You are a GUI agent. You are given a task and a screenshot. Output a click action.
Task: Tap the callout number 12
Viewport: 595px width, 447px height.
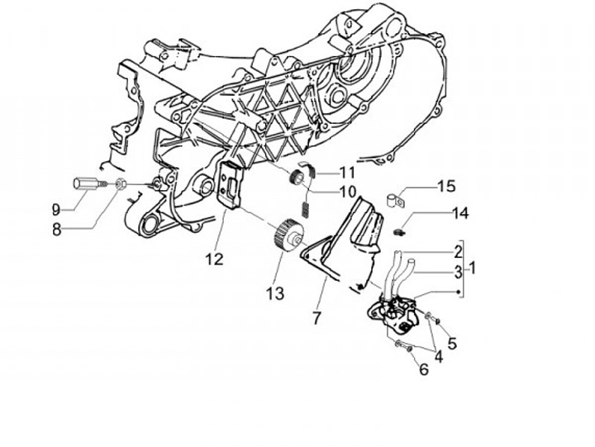(214, 259)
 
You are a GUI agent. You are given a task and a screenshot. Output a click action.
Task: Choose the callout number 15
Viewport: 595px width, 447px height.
(445, 186)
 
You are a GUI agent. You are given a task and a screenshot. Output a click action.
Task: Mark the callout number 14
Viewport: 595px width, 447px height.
(459, 213)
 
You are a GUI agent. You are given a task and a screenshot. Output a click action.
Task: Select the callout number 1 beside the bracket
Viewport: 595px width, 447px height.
(474, 268)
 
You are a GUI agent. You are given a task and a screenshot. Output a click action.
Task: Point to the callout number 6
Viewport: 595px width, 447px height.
(424, 369)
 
